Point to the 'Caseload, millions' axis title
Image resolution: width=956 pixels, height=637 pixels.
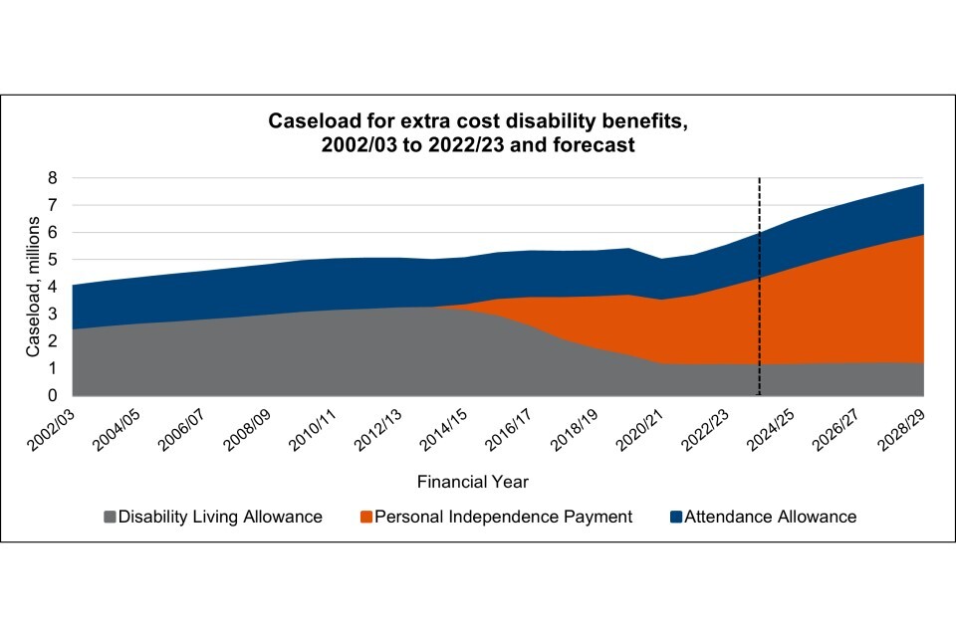click(x=32, y=287)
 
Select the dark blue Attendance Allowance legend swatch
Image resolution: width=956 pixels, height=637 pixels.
click(x=677, y=517)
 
